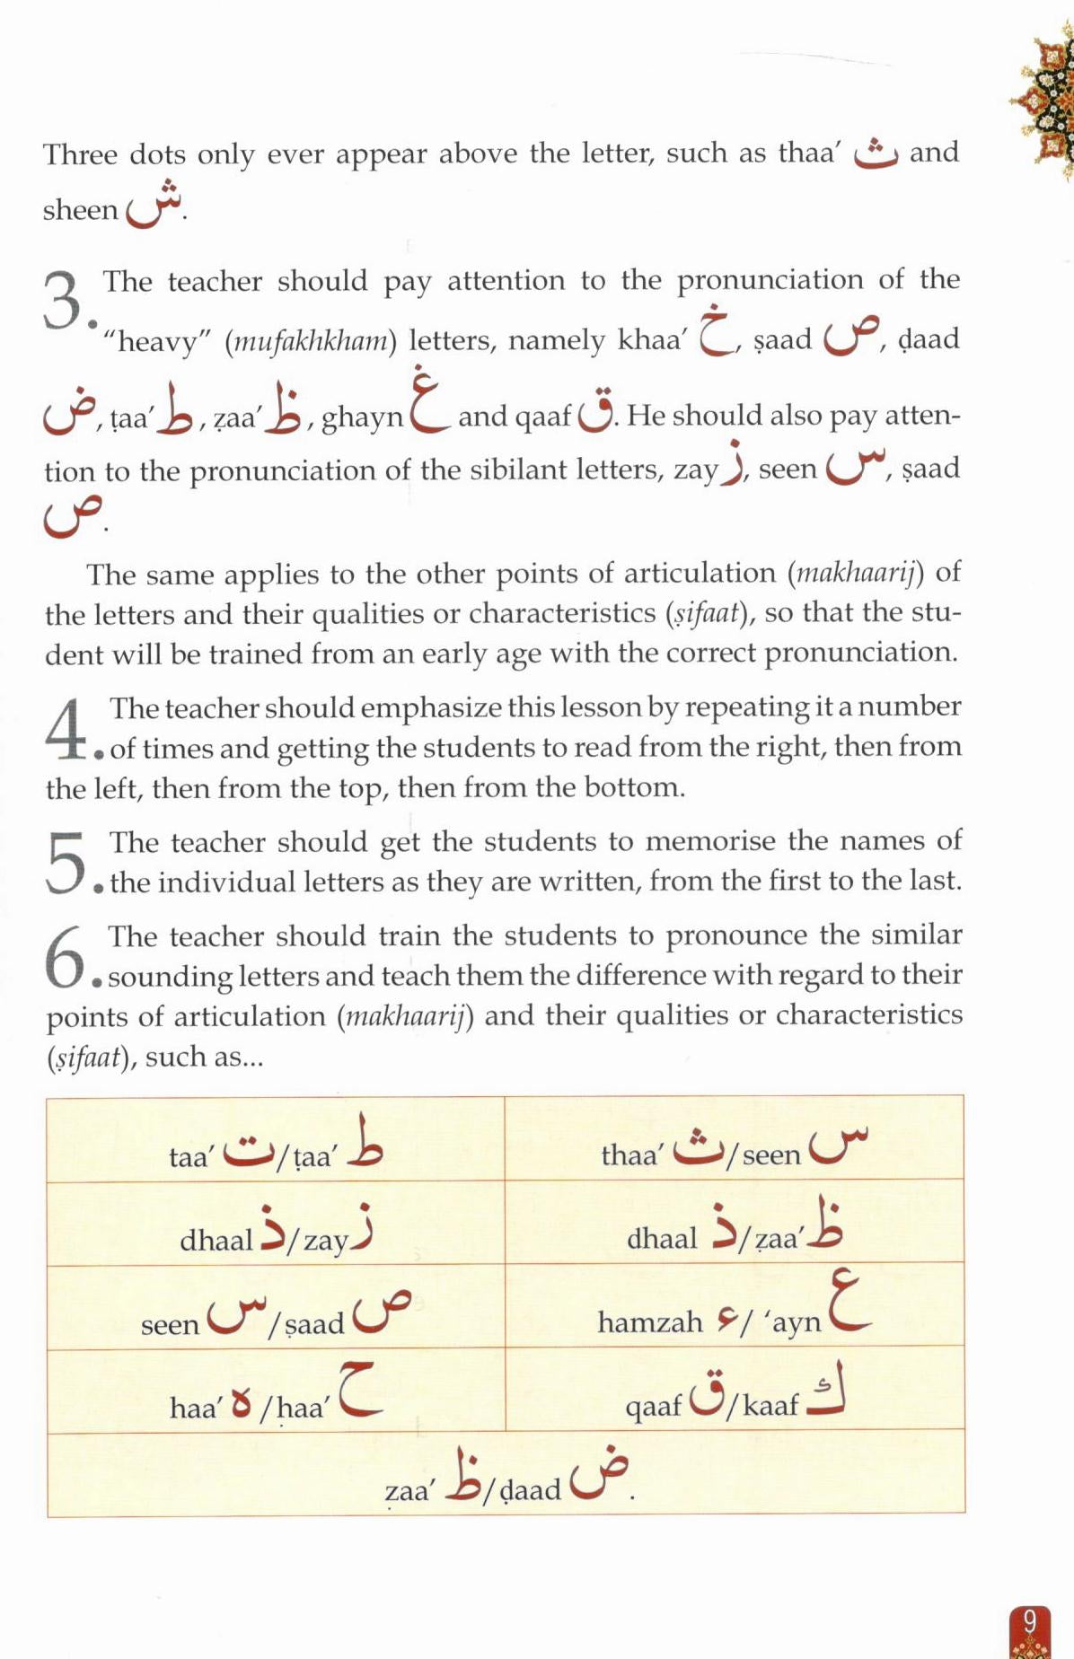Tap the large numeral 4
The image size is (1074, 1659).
[x=66, y=726]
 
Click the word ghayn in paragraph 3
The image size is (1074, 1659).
[x=362, y=417]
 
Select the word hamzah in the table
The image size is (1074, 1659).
[x=650, y=1321]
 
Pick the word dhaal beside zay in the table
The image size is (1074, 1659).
[x=216, y=1240]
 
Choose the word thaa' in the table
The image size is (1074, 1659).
[x=631, y=1154]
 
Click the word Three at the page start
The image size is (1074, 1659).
[x=80, y=154]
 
